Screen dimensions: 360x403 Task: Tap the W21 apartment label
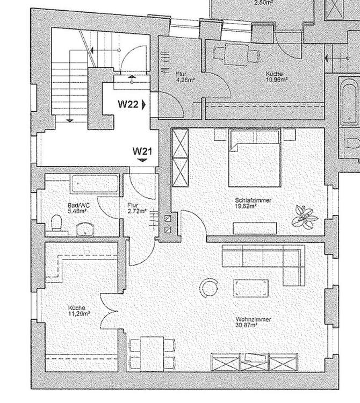click(142, 151)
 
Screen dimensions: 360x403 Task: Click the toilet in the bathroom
click(55, 222)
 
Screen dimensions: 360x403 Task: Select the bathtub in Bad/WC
click(88, 183)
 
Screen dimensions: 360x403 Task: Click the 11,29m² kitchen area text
click(78, 313)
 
